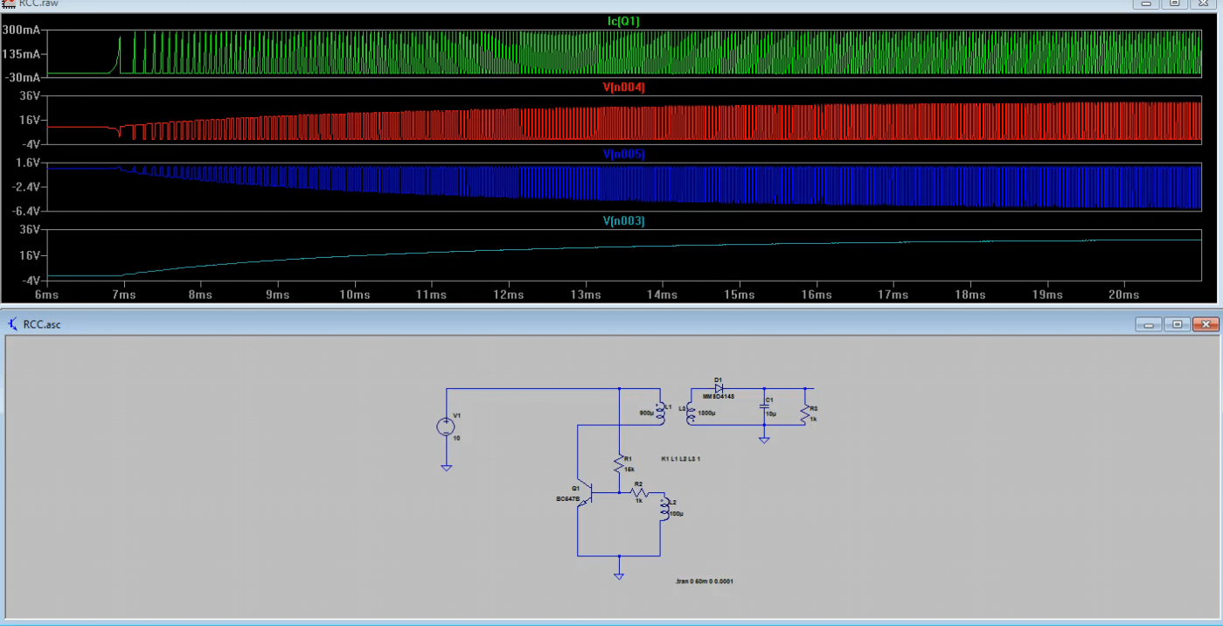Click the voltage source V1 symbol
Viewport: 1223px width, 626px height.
[446, 427]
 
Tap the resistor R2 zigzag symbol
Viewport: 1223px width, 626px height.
[638, 493]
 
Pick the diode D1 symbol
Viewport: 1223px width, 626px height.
[719, 388]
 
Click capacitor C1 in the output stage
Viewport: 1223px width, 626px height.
[763, 408]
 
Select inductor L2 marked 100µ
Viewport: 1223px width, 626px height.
[664, 509]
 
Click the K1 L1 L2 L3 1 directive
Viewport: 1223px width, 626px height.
[681, 459]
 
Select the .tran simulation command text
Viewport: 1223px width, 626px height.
[704, 581]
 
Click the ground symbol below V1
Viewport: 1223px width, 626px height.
[446, 468]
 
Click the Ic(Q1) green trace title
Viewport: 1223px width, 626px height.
[624, 21]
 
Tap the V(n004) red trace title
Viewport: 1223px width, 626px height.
[624, 87]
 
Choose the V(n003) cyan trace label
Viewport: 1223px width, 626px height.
[624, 221]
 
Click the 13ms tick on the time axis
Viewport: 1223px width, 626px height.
[586, 296]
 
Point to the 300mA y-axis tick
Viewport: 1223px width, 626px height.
[26, 31]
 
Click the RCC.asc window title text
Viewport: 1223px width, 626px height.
[42, 324]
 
